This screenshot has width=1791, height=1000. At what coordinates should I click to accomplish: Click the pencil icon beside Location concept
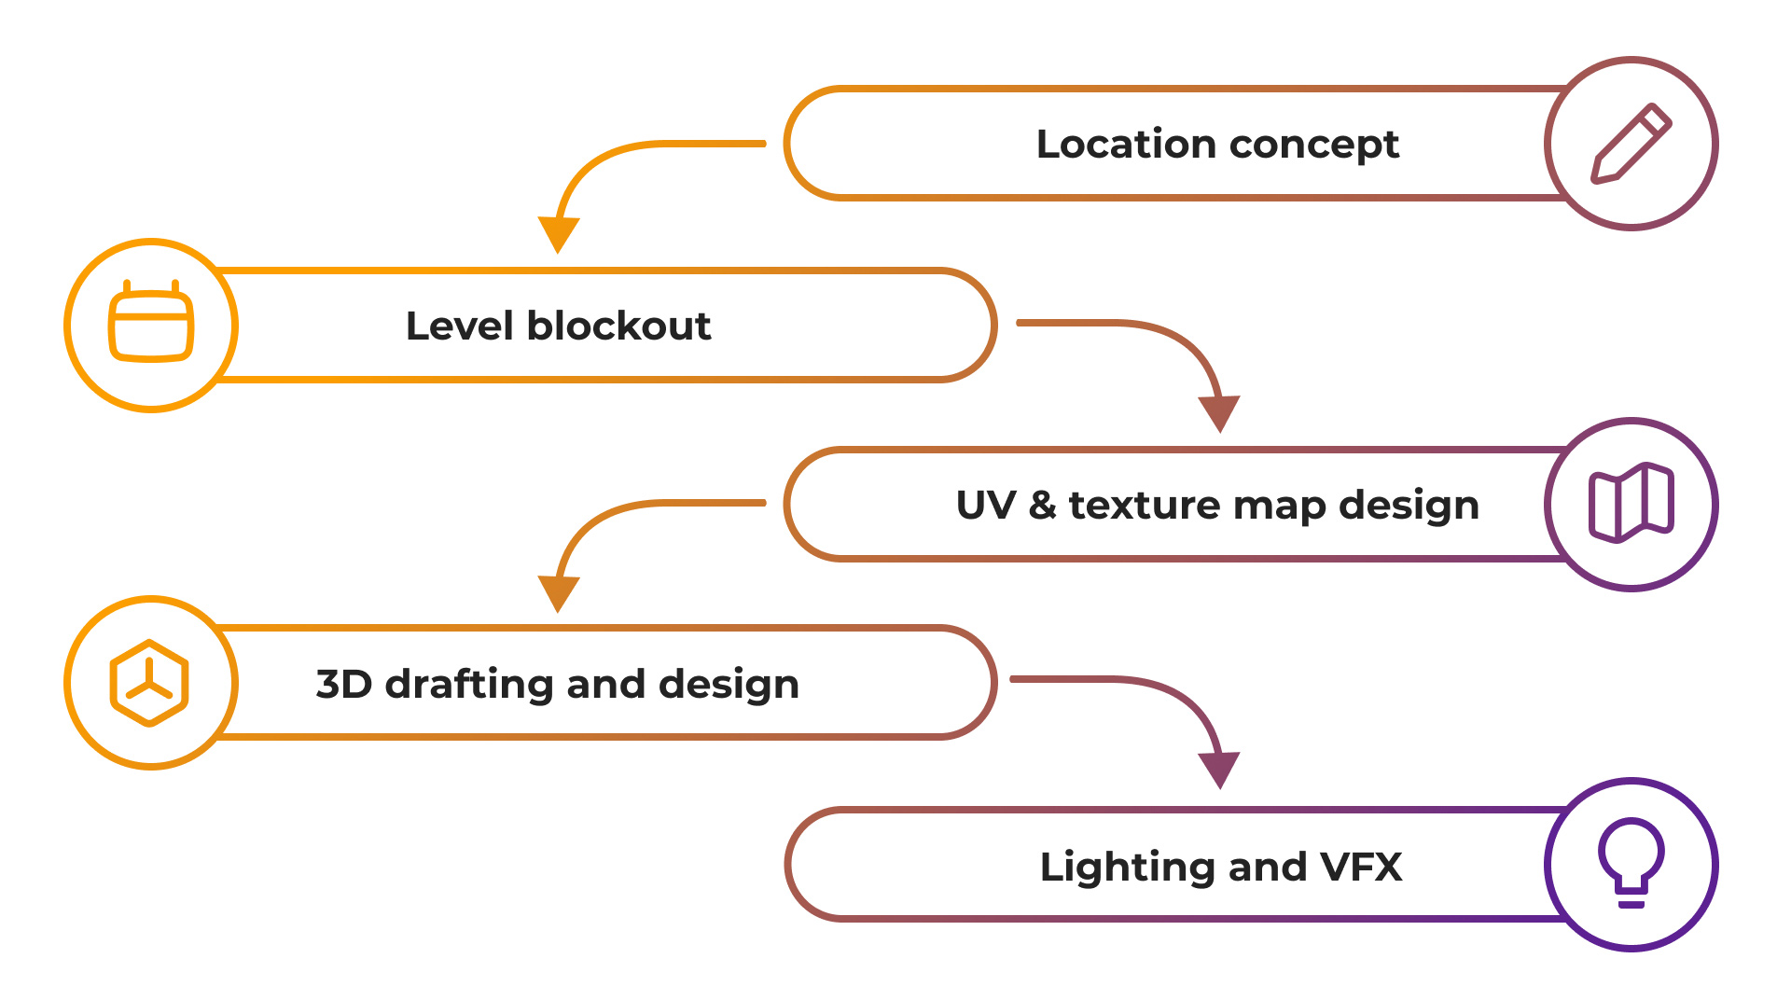click(1631, 143)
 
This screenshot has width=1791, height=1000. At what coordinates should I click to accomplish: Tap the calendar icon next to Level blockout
click(151, 321)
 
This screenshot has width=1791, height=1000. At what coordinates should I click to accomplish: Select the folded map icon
click(1631, 503)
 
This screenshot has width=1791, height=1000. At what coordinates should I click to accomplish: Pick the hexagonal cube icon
click(149, 683)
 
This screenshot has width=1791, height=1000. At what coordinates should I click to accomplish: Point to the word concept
click(1314, 146)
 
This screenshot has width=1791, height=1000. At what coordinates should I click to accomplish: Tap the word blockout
click(618, 326)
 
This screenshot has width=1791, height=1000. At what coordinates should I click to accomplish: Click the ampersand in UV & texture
click(1042, 505)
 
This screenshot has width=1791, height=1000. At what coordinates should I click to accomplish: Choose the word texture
click(1144, 506)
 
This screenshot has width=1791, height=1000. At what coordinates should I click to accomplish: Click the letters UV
click(986, 505)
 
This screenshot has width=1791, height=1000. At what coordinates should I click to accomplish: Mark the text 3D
click(344, 684)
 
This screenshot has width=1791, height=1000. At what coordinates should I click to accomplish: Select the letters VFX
click(1361, 867)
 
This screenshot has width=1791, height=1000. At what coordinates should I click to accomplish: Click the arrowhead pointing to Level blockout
click(558, 234)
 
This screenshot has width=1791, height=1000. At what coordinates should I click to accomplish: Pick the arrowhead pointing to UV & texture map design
click(1219, 413)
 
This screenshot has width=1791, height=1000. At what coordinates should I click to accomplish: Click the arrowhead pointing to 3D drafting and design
click(558, 593)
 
